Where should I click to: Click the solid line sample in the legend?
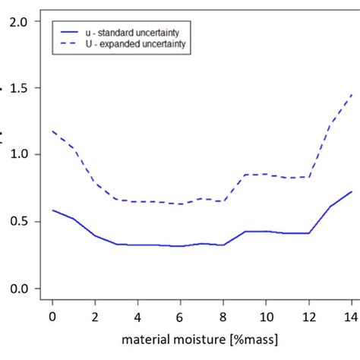tap(71, 33)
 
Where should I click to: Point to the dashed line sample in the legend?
tap(71, 45)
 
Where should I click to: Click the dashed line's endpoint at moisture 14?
tap(352, 95)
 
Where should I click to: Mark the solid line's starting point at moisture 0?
tap(52, 210)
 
